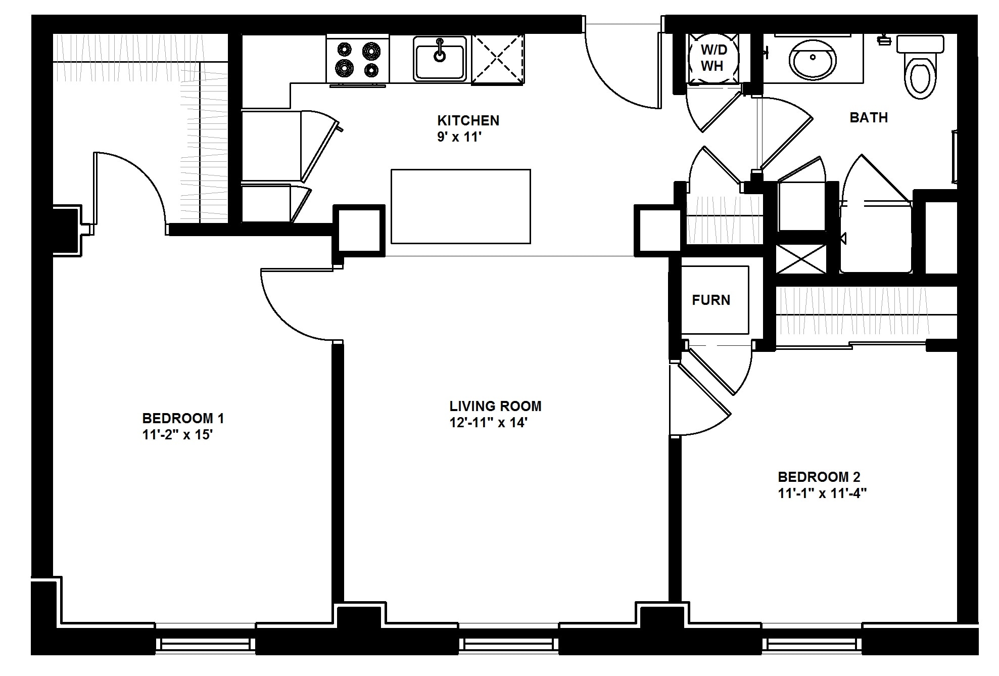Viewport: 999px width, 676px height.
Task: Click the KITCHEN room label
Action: pos(468,120)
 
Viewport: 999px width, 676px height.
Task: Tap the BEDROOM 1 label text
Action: pos(183,418)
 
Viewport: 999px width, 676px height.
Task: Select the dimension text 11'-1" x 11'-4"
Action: pos(822,493)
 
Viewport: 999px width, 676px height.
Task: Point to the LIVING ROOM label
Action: pos(495,406)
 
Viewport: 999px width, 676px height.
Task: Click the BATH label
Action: pos(869,118)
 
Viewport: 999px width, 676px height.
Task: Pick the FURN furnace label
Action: pos(711,300)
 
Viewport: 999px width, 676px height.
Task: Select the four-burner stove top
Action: pos(358,60)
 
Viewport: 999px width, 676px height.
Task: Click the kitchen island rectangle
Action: pos(460,206)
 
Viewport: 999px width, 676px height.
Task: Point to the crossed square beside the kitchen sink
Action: pos(497,59)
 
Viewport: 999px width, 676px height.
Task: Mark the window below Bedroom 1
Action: pos(205,644)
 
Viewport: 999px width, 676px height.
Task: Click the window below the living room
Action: pos(509,644)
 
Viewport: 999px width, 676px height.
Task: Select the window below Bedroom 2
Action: pos(812,644)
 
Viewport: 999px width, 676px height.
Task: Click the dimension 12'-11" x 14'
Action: pos(488,423)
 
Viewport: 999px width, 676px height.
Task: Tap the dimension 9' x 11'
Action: pos(457,137)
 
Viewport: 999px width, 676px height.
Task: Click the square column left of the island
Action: pos(358,231)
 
